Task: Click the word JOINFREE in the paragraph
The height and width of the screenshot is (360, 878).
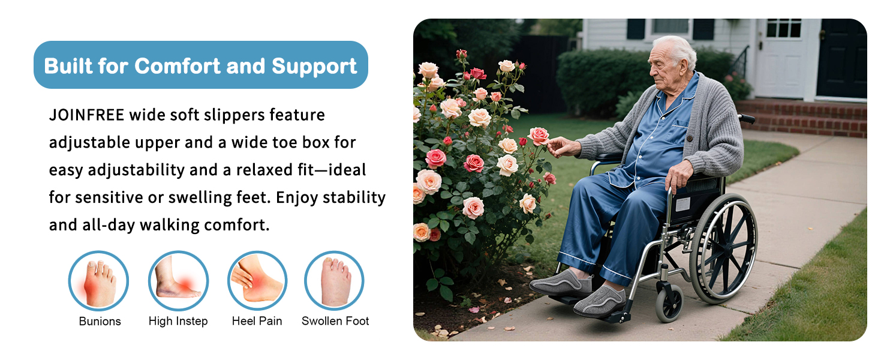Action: click(86, 115)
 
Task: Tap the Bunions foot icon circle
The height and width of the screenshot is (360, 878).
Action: click(98, 281)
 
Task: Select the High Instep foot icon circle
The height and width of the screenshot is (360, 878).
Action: click(178, 281)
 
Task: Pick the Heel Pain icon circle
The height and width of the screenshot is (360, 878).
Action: click(257, 281)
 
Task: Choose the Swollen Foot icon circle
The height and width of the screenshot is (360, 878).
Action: click(334, 281)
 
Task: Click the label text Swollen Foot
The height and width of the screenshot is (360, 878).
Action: click(335, 321)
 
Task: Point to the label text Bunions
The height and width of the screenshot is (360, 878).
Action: click(100, 322)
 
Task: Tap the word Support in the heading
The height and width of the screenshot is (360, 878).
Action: click(314, 67)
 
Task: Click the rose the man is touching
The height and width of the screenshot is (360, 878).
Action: click(539, 136)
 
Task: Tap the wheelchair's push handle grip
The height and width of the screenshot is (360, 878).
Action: click(747, 118)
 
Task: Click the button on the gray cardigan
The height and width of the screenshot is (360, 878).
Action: click(689, 139)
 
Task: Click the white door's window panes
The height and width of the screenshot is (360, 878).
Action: click(784, 28)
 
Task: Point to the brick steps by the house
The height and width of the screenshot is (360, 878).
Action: click(802, 118)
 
